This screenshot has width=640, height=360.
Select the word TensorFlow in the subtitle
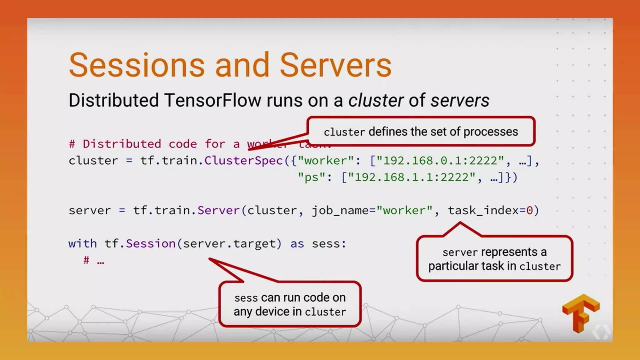(x=212, y=100)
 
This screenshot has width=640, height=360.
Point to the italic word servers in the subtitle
(x=460, y=100)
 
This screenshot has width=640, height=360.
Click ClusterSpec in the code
(x=243, y=161)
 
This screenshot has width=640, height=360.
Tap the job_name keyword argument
(x=340, y=211)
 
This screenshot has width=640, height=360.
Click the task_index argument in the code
(x=483, y=211)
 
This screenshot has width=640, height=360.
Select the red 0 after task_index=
(x=529, y=211)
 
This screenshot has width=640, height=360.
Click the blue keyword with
(x=82, y=244)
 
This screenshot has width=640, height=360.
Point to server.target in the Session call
(x=232, y=244)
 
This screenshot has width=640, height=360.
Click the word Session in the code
(x=151, y=244)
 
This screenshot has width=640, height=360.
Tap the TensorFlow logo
(x=581, y=313)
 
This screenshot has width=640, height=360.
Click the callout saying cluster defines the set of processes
(x=421, y=132)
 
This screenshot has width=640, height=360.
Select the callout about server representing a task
(x=494, y=259)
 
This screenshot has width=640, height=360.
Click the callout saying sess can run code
(x=290, y=304)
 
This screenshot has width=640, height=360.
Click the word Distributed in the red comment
(x=122, y=144)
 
